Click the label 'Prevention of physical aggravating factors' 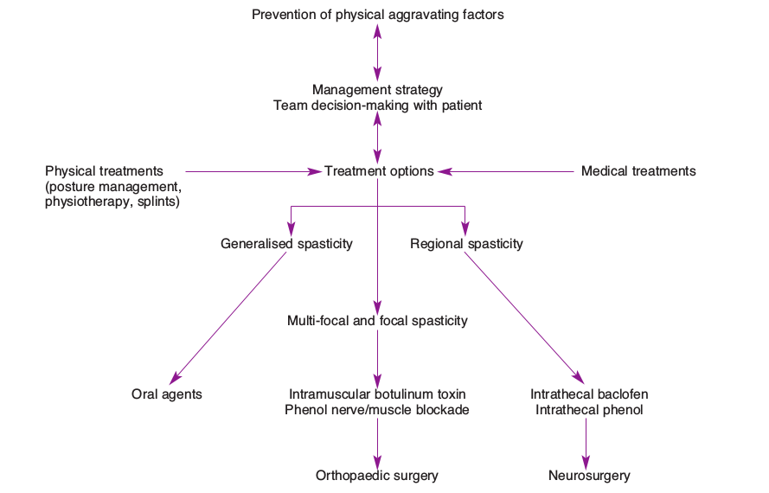click(x=377, y=14)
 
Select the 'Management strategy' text click(x=377, y=89)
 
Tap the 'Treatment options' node click(x=379, y=171)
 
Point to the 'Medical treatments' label click(x=638, y=171)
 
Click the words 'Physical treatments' click(x=104, y=171)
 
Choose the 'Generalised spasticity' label click(x=286, y=244)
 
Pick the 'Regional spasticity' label click(x=466, y=244)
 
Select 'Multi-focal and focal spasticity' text click(x=377, y=321)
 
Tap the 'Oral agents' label click(x=166, y=394)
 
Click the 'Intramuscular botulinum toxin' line click(x=377, y=394)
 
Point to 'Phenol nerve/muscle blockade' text click(x=377, y=410)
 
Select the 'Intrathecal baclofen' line click(x=589, y=394)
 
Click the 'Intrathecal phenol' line click(x=589, y=410)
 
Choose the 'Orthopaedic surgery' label click(x=377, y=476)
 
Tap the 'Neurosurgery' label click(x=589, y=476)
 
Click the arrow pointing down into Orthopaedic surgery click(x=377, y=443)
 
